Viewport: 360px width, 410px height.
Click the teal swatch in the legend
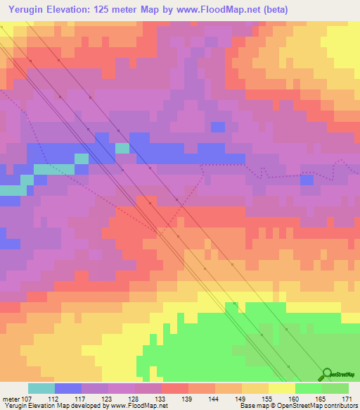pos(41,388)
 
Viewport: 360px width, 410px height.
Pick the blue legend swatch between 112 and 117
pos(68,388)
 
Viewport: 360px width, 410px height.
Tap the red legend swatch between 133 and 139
pos(175,388)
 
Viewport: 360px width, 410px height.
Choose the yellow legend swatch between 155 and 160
pos(282,388)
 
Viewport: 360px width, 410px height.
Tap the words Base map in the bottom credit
pos(252,406)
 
